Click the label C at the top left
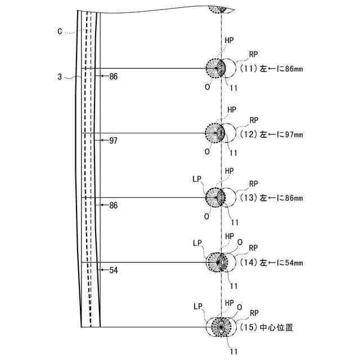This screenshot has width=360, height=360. coord(60,31)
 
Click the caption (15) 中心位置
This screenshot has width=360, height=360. coord(267,327)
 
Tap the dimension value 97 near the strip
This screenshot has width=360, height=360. coord(114,141)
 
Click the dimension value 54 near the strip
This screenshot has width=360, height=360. coord(114,271)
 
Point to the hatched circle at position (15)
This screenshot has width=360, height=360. coord(220,327)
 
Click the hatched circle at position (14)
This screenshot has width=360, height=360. coord(217,262)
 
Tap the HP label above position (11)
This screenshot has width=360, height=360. coord(231,40)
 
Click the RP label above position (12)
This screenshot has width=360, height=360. coord(254,120)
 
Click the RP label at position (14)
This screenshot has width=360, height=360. coord(253,247)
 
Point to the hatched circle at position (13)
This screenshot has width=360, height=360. coord(215,197)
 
